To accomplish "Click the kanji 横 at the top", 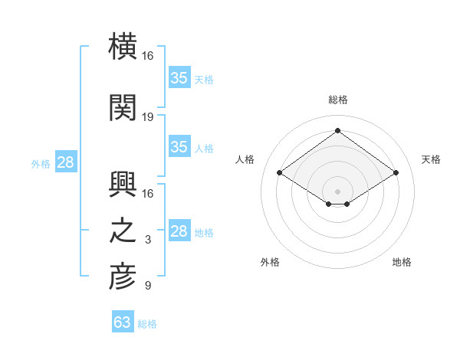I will (x=123, y=47).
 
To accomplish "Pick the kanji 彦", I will (x=123, y=277).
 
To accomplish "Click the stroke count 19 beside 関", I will (x=148, y=116).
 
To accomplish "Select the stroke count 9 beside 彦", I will (x=148, y=286).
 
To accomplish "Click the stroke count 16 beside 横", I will (x=148, y=56).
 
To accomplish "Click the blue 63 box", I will (x=122, y=322).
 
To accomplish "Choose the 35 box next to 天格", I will (x=179, y=77).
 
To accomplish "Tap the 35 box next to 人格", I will (x=179, y=147).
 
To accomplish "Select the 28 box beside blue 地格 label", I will (x=179, y=231).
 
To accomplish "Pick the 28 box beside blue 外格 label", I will (x=65, y=162).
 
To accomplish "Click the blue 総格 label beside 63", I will (x=147, y=324).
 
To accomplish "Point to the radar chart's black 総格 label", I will (x=337, y=100).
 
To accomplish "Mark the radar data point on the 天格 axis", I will (x=396, y=173).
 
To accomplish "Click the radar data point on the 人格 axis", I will (x=280, y=173).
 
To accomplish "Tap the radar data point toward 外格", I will (x=328, y=204).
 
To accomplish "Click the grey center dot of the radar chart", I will (x=337, y=190).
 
